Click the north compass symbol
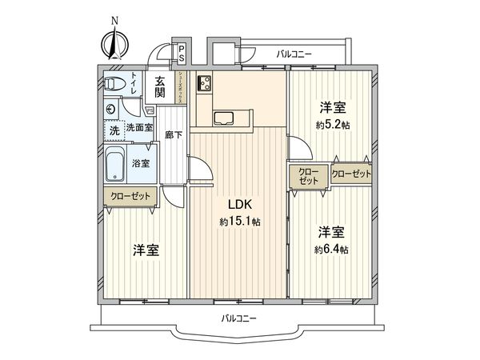point(114,40)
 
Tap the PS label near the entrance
point(182,54)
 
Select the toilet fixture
point(113,84)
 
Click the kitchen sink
point(225,119)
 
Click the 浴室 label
point(150,162)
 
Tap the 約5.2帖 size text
point(332,125)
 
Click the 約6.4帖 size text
point(332,250)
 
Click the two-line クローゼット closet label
point(308,177)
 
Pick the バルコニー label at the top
point(294,54)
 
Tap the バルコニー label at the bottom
point(239,319)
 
